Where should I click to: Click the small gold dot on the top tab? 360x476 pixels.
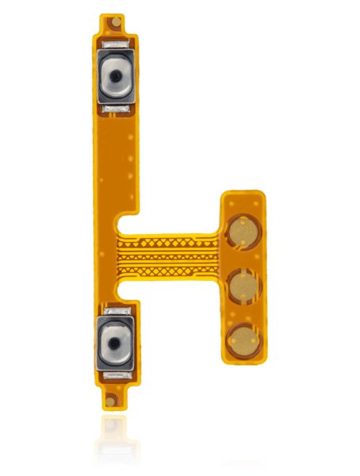[116, 21]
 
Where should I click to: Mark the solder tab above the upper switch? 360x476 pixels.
[116, 47]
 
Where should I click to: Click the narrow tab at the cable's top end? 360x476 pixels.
[116, 24]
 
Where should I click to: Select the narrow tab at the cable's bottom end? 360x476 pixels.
[116, 397]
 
